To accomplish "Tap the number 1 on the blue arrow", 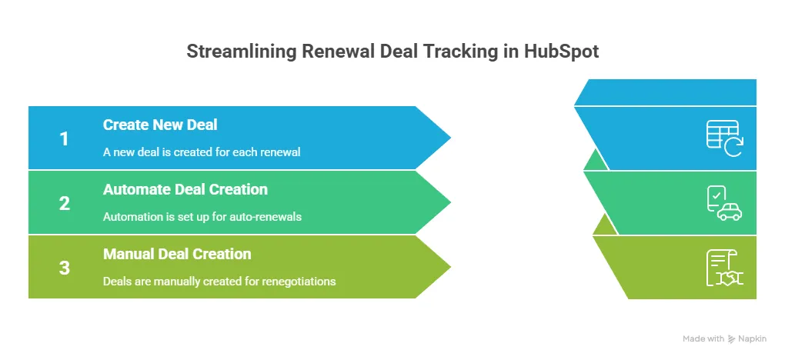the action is tap(65, 139).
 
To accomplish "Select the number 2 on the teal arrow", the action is tap(65, 204).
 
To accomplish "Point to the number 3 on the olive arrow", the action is tap(65, 268).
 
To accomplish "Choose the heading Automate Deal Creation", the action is tap(185, 189).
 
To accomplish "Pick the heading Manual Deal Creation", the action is tap(177, 254).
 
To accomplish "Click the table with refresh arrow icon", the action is tap(723, 138).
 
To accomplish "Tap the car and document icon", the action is tap(723, 203).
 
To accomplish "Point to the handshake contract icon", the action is tap(723, 268).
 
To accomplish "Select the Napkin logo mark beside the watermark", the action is tap(732, 339).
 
